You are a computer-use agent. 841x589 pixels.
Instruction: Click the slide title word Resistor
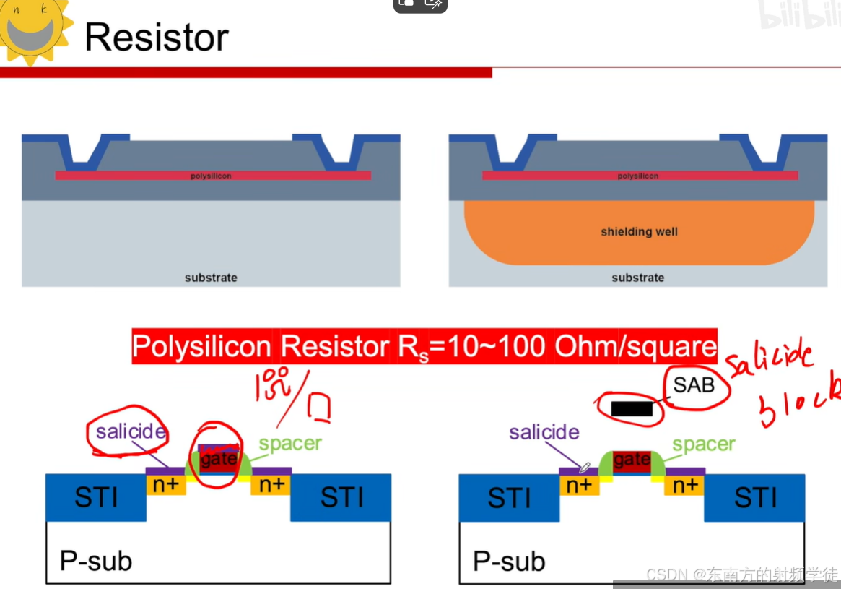(157, 37)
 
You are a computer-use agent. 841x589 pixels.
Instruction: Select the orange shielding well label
(639, 232)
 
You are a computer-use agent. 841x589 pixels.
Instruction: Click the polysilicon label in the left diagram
(211, 176)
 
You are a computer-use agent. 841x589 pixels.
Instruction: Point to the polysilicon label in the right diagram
(638, 176)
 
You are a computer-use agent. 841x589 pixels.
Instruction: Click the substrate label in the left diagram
(211, 278)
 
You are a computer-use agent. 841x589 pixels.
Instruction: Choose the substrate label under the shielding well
(637, 278)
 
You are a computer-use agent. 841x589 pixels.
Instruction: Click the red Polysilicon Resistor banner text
(424, 347)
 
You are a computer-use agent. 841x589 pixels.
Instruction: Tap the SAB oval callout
(694, 385)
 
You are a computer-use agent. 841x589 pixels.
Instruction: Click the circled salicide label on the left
(131, 432)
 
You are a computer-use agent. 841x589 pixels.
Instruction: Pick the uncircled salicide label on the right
(544, 432)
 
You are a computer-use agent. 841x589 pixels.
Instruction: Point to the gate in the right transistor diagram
(632, 460)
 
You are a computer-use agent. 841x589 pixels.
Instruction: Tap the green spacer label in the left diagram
(290, 443)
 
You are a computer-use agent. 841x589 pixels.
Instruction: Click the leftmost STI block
(96, 497)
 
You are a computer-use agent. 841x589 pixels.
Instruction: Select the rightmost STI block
(755, 497)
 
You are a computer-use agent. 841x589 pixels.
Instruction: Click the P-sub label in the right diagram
(509, 562)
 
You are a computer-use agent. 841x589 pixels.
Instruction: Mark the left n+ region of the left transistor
(166, 485)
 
